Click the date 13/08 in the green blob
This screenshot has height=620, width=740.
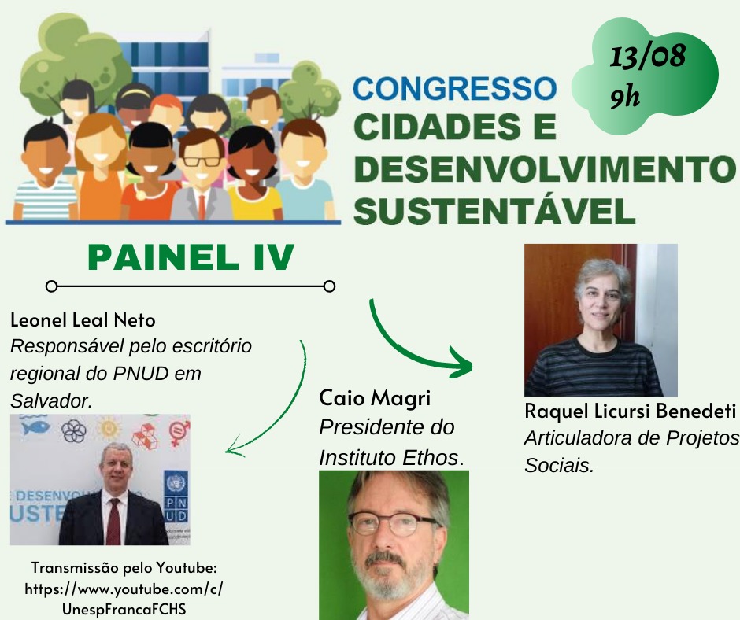(647, 57)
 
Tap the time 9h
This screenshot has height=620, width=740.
(625, 98)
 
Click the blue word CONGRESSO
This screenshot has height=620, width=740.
(455, 88)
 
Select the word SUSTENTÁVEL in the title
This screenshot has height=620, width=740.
(494, 212)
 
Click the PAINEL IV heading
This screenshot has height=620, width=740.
(191, 257)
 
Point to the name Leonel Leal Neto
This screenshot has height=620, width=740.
(83, 320)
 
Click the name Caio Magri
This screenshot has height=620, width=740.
(375, 399)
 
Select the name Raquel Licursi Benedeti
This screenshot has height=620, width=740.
(630, 411)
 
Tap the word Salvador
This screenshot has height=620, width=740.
(51, 401)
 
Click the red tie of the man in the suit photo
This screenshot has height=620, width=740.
(113, 520)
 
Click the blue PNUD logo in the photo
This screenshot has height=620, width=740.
(176, 496)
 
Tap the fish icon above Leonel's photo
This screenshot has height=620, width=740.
(35, 427)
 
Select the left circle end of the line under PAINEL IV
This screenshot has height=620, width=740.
(51, 286)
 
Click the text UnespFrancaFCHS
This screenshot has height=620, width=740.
(124, 609)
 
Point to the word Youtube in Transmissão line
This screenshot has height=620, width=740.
(187, 567)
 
